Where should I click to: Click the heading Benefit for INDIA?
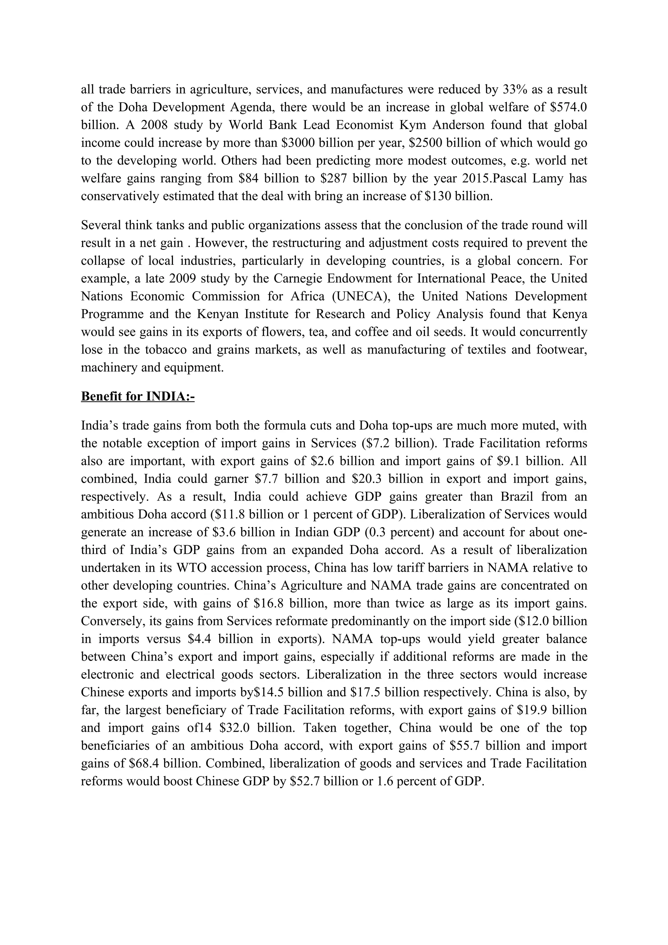(x=137, y=396)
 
